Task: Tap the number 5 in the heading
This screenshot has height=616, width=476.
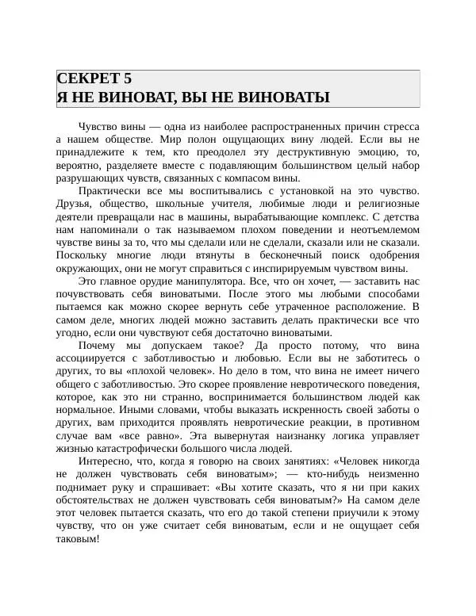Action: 127,78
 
